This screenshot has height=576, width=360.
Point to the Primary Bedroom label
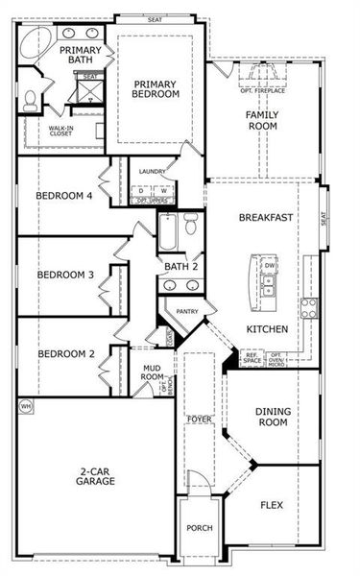[156, 88]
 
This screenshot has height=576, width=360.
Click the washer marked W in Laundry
[163, 190]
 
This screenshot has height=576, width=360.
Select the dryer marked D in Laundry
[141, 190]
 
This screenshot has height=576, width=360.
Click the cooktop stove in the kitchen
[310, 308]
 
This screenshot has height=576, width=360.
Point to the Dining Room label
[273, 417]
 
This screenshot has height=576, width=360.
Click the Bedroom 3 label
[65, 276]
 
